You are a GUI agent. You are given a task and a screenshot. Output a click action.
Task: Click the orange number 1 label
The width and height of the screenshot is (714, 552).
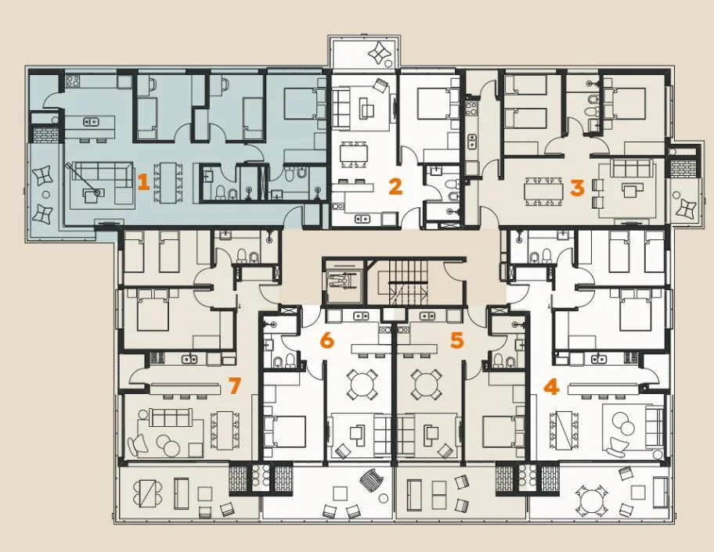tap(143, 183)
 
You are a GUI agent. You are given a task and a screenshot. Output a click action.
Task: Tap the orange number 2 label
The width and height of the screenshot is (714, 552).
tap(395, 186)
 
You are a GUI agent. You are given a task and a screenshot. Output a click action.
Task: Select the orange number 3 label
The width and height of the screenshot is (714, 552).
tap(577, 188)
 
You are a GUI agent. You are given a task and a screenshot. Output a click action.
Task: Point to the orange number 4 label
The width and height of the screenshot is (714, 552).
tap(551, 387)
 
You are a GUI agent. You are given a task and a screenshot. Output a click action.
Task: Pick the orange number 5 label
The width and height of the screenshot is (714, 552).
tap(456, 339)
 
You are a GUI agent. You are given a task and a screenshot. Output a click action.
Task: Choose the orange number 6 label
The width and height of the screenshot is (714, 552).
tap(327, 340)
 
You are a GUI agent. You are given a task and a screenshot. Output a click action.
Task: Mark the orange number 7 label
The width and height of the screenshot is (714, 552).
tap(234, 386)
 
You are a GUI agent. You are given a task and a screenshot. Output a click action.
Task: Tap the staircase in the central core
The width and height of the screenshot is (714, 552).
tap(408, 280)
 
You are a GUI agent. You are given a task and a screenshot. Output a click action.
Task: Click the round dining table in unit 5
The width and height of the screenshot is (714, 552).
tap(426, 384)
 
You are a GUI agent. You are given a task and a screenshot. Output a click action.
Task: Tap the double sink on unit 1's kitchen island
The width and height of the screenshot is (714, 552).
tap(90, 122)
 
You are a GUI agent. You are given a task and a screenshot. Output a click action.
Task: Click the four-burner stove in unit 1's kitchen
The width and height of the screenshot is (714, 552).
tap(73, 82)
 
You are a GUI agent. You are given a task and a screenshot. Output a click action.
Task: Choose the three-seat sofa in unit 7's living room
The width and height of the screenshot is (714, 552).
tap(170, 418)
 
